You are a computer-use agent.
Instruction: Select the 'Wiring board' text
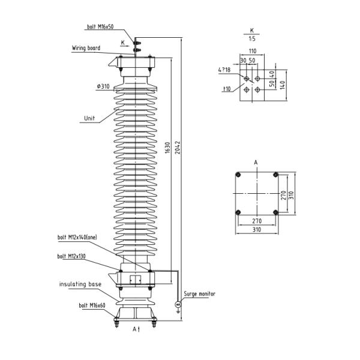[x=86, y=47]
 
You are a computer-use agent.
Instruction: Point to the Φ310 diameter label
[x=103, y=86]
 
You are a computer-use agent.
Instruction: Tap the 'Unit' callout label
[x=88, y=118]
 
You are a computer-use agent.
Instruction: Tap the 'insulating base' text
[x=80, y=283]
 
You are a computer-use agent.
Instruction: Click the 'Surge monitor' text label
[x=199, y=294]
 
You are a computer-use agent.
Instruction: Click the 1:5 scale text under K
[x=251, y=38]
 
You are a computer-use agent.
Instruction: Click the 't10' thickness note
[x=227, y=89]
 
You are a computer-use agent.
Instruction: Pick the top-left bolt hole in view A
[x=238, y=175]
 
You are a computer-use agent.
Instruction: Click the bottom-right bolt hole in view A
[x=276, y=212]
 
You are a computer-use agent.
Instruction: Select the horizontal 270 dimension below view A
[x=257, y=221]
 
